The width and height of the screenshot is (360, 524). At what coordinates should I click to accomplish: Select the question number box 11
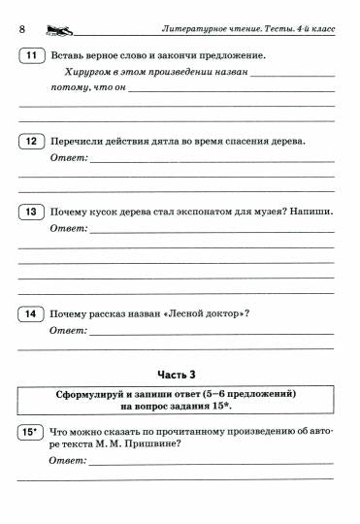31,55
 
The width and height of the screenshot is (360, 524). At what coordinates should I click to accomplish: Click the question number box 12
31,142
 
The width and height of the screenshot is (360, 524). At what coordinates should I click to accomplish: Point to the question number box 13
31,212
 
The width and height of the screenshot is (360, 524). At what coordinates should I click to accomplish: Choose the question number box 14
31,313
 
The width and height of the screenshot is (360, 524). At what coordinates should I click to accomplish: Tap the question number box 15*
31,434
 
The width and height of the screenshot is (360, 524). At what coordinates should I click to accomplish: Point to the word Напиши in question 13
309,212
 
